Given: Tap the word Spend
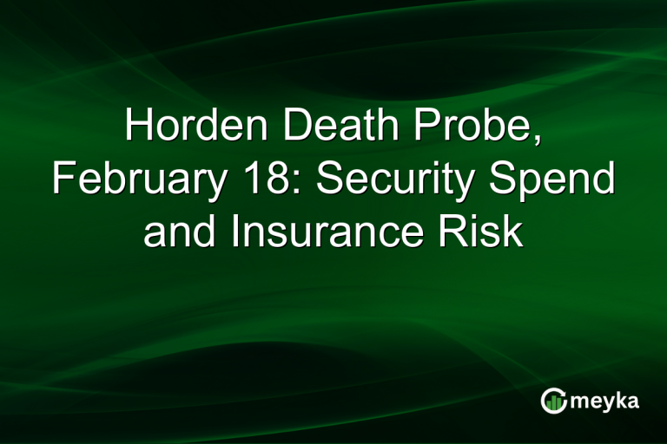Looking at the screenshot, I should coord(559,180).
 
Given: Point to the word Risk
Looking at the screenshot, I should coord(488,232).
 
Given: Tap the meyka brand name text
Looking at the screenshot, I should coord(604,401).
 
